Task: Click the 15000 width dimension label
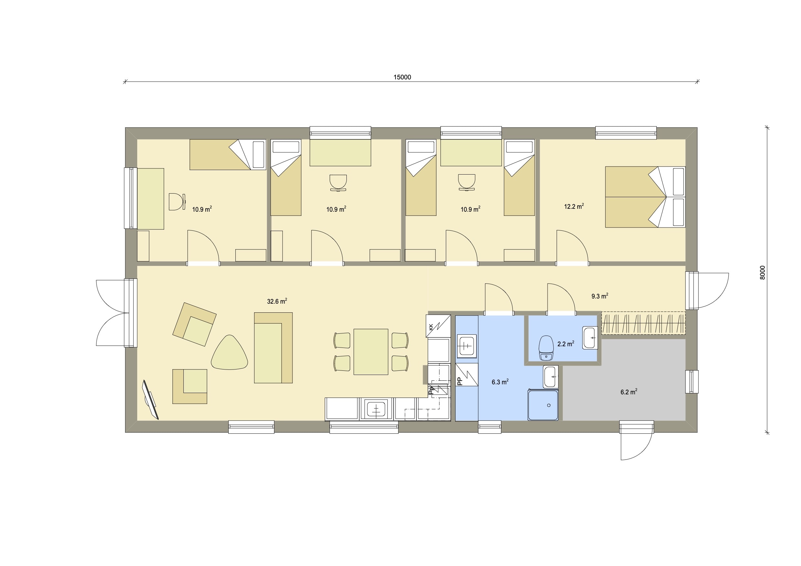click(402, 77)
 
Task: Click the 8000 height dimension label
click(762, 272)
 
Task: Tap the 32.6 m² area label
click(277, 301)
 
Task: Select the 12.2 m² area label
click(574, 206)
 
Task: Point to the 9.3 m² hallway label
click(600, 296)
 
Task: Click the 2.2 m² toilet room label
click(566, 344)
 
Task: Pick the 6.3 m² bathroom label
click(500, 382)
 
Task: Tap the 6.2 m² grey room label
click(629, 392)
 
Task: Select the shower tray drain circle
click(549, 406)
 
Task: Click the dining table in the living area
click(371, 352)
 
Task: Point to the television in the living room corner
click(150, 399)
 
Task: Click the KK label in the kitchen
click(431, 327)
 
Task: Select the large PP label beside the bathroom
click(459, 381)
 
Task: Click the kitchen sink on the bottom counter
click(376, 409)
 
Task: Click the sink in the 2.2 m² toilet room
click(590, 338)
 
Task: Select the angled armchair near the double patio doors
click(194, 324)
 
